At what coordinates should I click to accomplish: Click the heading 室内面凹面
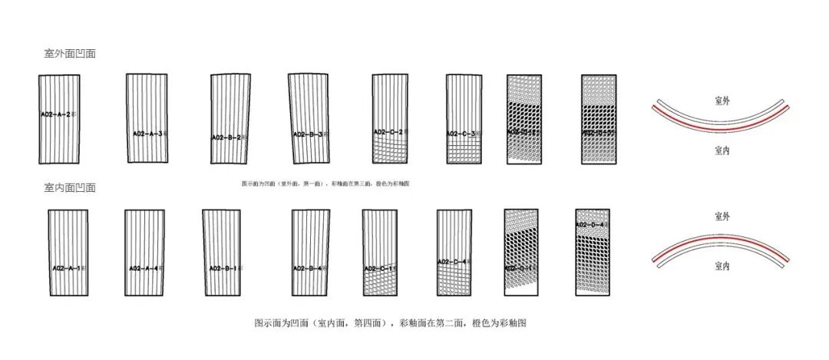pyautogui.click(x=70, y=187)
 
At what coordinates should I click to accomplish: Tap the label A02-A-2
pyautogui.click(x=59, y=114)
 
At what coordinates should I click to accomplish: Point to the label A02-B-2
pyautogui.click(x=230, y=138)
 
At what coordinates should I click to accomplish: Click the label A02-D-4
pyautogui.click(x=593, y=224)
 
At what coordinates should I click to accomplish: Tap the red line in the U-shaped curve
pyautogui.click(x=719, y=124)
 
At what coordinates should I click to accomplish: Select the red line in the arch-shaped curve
pyautogui.click(x=719, y=239)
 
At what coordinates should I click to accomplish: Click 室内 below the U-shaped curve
pyautogui.click(x=722, y=151)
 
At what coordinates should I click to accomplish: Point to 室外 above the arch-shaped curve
pyautogui.click(x=722, y=216)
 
